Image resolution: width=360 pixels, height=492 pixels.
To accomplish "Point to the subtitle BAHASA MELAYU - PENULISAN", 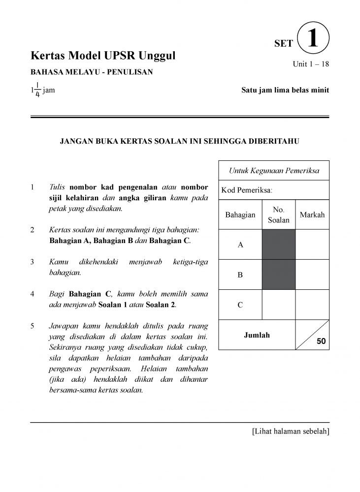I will [x=92, y=72].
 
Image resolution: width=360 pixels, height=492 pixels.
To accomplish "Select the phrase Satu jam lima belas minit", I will [x=285, y=90].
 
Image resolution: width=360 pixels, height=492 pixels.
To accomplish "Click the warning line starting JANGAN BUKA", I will [x=180, y=141].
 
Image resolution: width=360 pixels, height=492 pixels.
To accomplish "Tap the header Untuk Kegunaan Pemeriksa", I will [x=274, y=171].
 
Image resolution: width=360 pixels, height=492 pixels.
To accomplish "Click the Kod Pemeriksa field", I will [x=274, y=190].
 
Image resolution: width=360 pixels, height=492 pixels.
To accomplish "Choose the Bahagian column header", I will [x=240, y=215].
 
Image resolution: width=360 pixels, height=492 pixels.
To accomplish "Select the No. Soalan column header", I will [x=279, y=215].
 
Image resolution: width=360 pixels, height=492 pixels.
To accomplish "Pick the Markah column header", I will [x=312, y=215].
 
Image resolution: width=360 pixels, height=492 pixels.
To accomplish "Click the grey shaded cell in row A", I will [x=279, y=245].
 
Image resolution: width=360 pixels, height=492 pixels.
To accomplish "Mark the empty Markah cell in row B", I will [x=312, y=275].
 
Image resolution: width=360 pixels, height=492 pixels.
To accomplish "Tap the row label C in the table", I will [x=240, y=305].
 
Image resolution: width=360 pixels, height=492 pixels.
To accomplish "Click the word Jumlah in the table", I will [x=257, y=335].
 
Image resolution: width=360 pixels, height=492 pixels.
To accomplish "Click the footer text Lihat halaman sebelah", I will [x=290, y=431].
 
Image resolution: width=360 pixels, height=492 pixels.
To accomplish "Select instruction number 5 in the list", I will [x=32, y=326].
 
